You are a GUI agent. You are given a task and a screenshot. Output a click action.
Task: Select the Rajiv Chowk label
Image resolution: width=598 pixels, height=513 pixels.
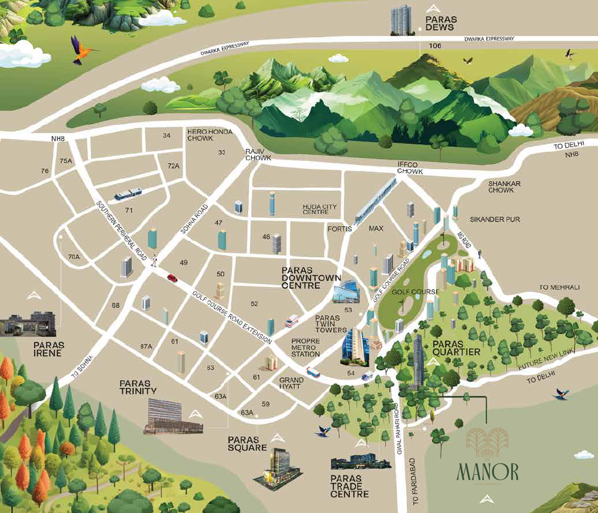coord(258,155)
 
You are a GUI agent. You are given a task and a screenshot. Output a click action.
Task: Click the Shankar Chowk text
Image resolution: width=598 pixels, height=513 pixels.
coord(501,187)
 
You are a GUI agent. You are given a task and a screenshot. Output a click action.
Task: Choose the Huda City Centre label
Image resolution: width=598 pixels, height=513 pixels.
coord(319,209)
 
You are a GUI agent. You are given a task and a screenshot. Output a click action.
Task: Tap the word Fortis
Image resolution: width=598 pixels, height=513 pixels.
coord(338,228)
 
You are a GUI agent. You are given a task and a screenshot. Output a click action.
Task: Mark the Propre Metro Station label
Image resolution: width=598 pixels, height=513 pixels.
coord(305,348)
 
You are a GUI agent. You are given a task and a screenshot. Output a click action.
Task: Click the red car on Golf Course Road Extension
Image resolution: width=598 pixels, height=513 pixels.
coord(172,277)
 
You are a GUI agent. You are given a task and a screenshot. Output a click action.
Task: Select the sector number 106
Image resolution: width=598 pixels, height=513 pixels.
coord(426,46)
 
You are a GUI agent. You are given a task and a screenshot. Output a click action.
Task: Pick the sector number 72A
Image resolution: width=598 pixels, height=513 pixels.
coord(173,166)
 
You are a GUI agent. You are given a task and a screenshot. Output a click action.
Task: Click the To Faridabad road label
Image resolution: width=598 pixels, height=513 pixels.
coord(412,472)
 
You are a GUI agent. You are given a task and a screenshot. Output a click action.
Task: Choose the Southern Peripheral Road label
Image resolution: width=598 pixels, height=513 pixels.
coord(121,230)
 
